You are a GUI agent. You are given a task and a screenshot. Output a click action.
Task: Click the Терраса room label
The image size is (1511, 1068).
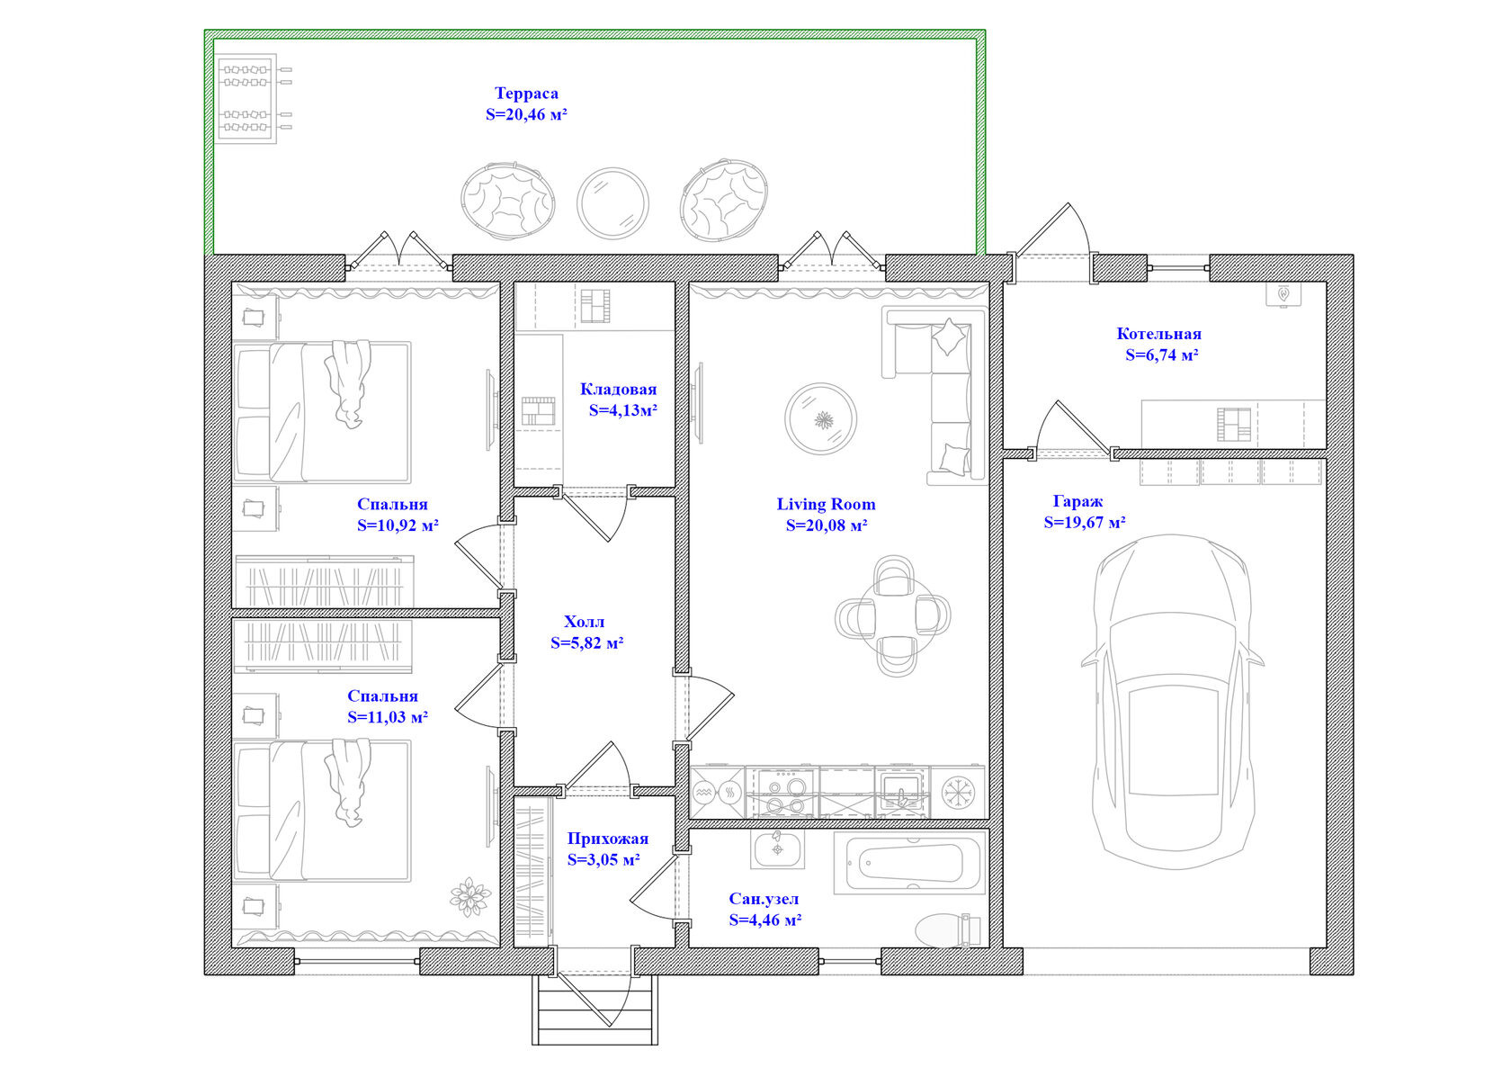click(526, 93)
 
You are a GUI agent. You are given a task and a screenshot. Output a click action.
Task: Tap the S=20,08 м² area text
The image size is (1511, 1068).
click(827, 525)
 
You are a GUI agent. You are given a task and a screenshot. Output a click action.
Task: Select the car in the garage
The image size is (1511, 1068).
click(1173, 702)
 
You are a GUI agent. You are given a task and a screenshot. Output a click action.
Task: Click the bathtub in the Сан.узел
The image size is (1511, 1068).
click(910, 865)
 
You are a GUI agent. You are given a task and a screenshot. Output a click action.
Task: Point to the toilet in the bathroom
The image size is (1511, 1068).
click(948, 930)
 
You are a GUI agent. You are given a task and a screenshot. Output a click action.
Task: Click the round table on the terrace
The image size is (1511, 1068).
click(612, 203)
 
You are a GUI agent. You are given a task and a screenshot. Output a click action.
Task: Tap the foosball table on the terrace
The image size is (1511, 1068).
click(255, 98)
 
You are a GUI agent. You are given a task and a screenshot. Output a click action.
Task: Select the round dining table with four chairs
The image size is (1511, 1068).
click(893, 616)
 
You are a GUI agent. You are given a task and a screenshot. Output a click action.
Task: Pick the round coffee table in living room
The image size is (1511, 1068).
click(821, 419)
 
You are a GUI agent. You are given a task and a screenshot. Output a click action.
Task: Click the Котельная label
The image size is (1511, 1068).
click(1158, 334)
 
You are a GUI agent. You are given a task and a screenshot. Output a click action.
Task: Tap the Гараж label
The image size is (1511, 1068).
click(1077, 502)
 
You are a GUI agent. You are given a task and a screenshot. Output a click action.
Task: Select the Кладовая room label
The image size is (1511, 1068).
click(618, 390)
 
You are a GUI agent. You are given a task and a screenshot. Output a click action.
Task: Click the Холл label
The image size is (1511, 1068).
click(585, 622)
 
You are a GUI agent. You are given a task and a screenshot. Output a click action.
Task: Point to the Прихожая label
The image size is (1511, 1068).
click(608, 839)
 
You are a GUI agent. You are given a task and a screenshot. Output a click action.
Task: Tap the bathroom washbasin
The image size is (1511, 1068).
click(778, 849)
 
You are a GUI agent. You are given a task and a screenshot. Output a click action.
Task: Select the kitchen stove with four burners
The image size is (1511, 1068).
click(782, 793)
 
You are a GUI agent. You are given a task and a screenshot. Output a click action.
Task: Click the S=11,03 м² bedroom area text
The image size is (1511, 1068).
click(388, 717)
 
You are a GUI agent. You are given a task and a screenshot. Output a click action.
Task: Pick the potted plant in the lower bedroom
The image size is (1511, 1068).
click(470, 897)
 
